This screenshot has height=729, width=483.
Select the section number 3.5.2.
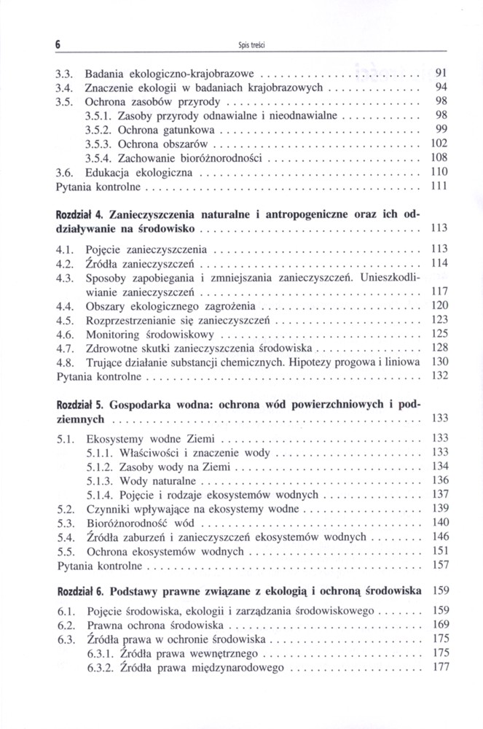(x=98, y=129)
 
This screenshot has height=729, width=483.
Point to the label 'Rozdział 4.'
(x=80, y=214)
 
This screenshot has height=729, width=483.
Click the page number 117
(x=437, y=291)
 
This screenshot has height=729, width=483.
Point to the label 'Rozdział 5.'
(x=80, y=403)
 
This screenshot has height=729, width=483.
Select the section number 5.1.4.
(x=98, y=495)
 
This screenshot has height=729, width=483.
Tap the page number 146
(x=437, y=537)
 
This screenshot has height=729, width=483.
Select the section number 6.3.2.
(x=98, y=666)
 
